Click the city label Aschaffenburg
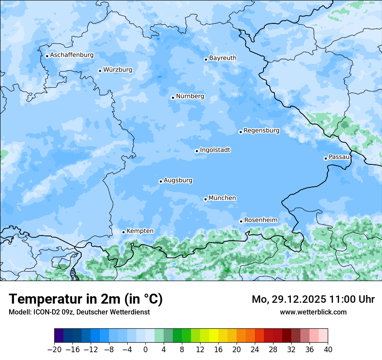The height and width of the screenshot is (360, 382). coord(72,55)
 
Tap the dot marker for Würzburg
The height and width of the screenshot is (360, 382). coord(100,71)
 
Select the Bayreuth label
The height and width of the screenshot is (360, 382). coord(223,58)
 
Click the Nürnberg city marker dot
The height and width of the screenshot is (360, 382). coord(173,98)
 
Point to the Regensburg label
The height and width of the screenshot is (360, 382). coord(261,130)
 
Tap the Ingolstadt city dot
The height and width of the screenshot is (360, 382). coord(197,151)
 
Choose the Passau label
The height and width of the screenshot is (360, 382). coord(339,157)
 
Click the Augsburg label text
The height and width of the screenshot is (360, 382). coord(178,180)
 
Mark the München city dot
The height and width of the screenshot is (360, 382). coord(205,199)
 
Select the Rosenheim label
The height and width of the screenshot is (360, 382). coord(260,220)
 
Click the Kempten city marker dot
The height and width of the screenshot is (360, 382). coord(123,232)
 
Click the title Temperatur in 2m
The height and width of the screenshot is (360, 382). coord(86,299)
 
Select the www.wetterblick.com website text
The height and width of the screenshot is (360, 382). coord(313,312)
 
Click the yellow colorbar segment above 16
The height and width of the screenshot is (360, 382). coord(218,336)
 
